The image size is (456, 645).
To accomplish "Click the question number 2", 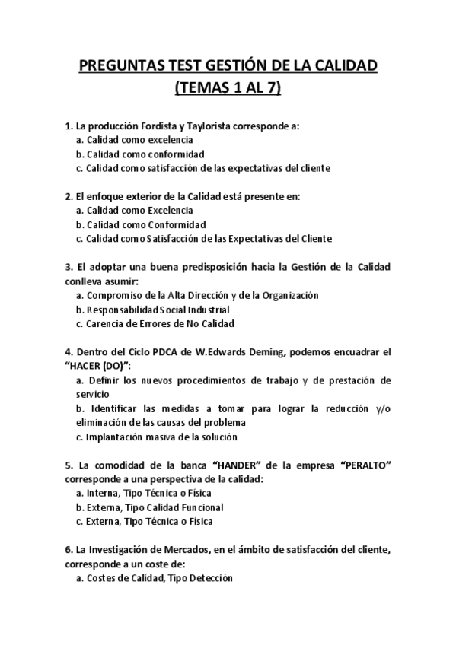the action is click(69, 195).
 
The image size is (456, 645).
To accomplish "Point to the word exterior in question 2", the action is click(142, 195).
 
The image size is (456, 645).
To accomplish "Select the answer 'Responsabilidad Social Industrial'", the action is click(153, 310).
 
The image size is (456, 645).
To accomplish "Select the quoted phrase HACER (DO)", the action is click(103, 366).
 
